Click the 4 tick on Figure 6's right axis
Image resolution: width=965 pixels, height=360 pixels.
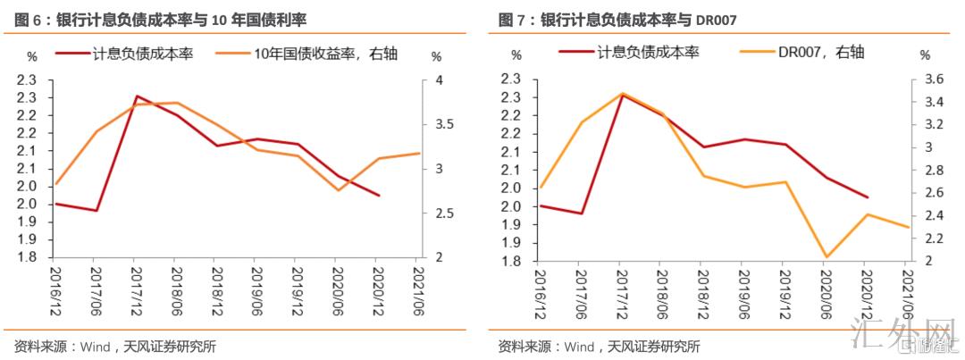tap(437, 80)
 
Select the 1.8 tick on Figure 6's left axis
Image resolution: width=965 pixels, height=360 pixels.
tap(27, 257)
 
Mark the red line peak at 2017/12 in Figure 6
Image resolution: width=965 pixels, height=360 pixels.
tap(136, 96)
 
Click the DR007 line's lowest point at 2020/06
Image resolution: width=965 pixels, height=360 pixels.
tap(825, 256)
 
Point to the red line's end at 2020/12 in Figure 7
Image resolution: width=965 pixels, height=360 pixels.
tap(867, 197)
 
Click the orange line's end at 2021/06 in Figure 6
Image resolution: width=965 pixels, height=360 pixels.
tap(418, 154)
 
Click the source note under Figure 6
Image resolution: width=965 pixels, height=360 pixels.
tap(116, 347)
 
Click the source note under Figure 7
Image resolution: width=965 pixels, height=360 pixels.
tap(600, 347)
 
